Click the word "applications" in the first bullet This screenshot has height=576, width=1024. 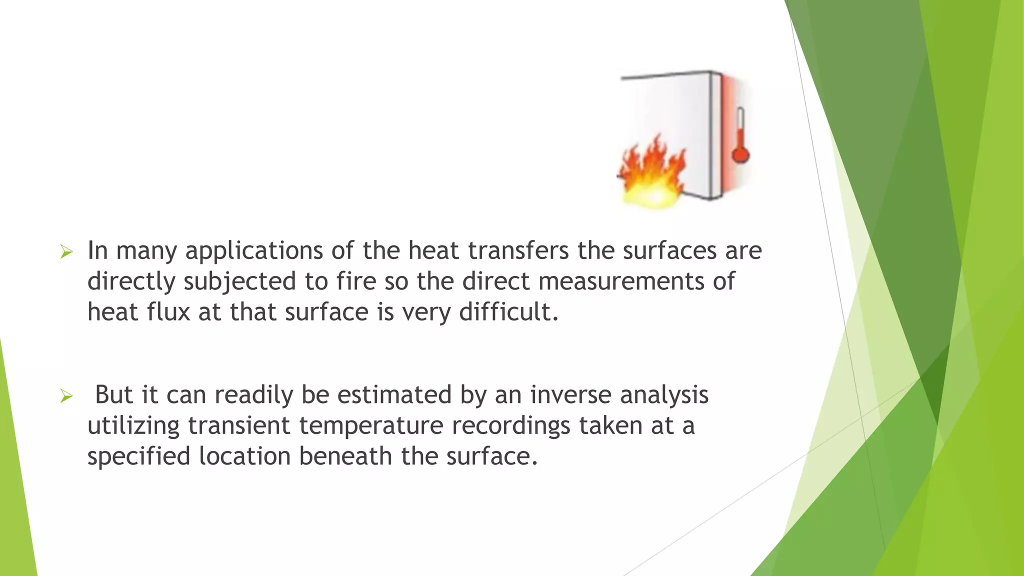pyautogui.click(x=254, y=251)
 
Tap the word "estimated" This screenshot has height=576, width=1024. pyautogui.click(x=394, y=394)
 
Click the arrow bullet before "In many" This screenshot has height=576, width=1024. pyautogui.click(x=66, y=251)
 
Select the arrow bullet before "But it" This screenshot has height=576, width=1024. pyautogui.click(x=66, y=396)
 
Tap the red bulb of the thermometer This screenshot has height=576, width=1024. pyautogui.click(x=740, y=153)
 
